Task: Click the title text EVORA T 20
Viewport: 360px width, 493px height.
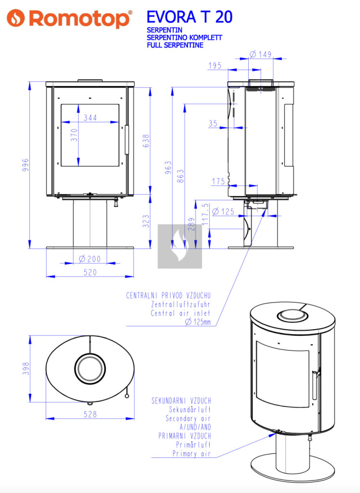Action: tap(189, 17)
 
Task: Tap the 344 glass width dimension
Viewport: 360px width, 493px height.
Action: tap(90, 117)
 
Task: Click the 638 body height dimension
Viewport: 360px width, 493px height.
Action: tap(147, 140)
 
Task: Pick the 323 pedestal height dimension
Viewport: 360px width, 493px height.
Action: tap(147, 221)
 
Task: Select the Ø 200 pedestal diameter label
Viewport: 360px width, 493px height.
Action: tap(90, 259)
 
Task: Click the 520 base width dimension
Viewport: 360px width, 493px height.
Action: tap(90, 272)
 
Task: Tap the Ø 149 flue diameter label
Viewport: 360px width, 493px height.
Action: tap(261, 54)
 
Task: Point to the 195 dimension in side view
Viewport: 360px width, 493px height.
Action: tap(215, 65)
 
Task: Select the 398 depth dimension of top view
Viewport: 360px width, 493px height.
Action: tap(27, 368)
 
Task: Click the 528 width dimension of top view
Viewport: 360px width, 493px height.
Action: tap(90, 414)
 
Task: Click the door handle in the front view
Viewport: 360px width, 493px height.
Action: tap(127, 140)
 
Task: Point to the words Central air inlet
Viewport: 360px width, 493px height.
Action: tap(181, 313)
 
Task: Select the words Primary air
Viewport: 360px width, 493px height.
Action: tap(192, 454)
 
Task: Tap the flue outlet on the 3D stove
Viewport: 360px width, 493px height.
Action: tap(290, 316)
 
